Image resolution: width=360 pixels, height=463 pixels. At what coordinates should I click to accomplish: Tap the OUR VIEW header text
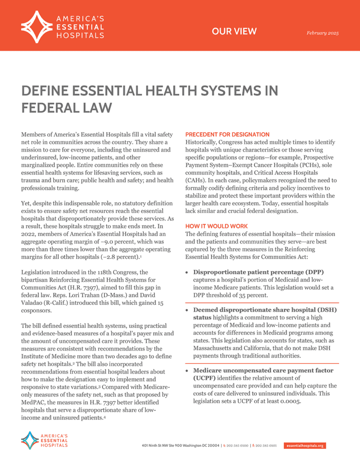[x=234, y=31]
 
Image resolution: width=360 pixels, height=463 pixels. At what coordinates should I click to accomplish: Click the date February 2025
[x=323, y=33]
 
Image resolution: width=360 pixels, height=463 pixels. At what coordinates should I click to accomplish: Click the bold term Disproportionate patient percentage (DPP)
[x=259, y=272]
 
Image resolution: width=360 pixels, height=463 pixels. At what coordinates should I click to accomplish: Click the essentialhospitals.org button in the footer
[x=305, y=445]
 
